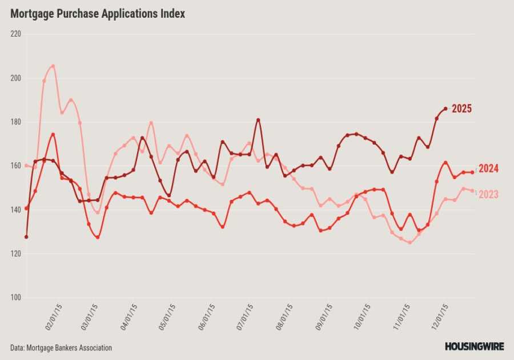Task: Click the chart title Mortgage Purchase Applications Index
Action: [97, 14]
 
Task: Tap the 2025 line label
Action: [461, 109]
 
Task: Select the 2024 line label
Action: [488, 169]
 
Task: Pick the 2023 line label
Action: [488, 194]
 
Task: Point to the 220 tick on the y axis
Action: [15, 34]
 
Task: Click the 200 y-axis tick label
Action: [15, 78]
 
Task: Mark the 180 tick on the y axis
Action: [15, 122]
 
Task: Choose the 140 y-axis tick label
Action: [15, 210]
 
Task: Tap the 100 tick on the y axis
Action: [15, 298]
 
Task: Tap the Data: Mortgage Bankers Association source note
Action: [61, 347]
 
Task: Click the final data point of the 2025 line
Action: [445, 109]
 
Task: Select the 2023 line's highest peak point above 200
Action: [53, 66]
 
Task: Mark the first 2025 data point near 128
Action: [26, 237]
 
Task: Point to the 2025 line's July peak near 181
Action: [258, 120]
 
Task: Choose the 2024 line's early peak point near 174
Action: [53, 134]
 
